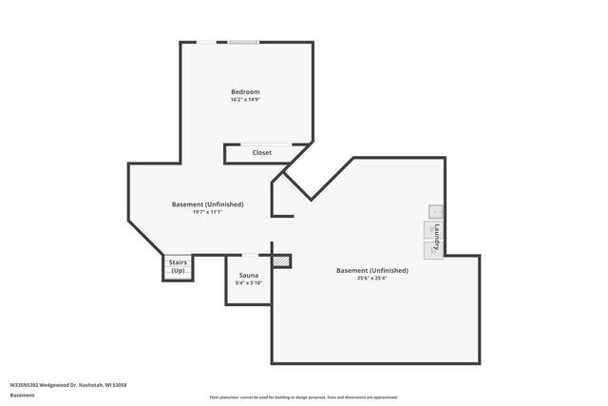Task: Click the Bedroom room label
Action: [245, 91]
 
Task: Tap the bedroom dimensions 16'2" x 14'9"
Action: [245, 99]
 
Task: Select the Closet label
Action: [261, 152]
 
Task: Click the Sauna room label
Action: [248, 275]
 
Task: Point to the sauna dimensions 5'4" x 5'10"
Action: [248, 282]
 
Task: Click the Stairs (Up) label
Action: [178, 266]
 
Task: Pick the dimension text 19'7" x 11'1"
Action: [207, 212]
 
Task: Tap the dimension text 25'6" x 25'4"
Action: [372, 278]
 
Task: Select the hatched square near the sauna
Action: [280, 261]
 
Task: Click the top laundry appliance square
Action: [435, 212]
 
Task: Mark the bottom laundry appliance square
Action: [432, 249]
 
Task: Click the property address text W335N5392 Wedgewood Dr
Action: [67, 385]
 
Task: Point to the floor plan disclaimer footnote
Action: [304, 397]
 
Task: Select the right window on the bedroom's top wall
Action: [244, 42]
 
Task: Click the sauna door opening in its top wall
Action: [249, 255]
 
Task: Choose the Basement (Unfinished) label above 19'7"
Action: [207, 204]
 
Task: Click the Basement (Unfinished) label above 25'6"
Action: [372, 270]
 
